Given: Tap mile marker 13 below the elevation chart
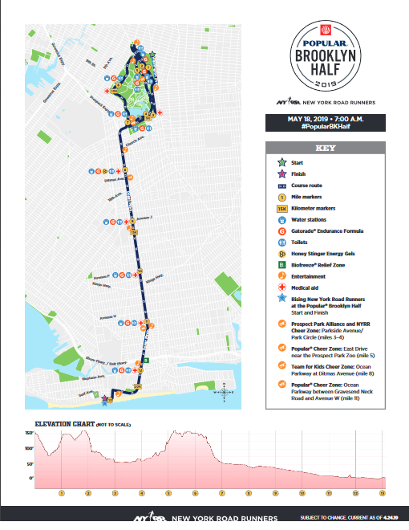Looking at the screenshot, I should (383, 493).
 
